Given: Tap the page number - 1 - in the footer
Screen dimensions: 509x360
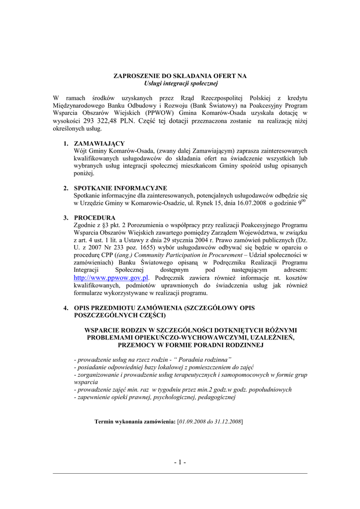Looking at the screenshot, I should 180,463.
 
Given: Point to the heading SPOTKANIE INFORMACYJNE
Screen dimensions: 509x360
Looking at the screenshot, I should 120,188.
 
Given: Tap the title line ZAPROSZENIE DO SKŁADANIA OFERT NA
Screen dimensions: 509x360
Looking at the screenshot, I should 180,76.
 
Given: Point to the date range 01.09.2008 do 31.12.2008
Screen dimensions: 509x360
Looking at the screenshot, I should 210,422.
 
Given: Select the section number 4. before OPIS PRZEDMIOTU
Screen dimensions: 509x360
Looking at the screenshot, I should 66,308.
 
